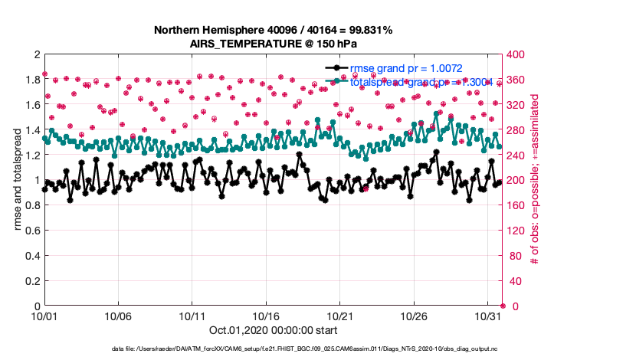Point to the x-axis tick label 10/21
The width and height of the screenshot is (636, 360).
coord(339,316)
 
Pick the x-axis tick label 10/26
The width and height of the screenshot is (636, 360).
coord(414,316)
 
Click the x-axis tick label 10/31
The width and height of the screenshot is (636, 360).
coord(487,316)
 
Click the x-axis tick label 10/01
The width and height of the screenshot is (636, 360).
coord(44,316)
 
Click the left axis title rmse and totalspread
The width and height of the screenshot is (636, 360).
coord(17,180)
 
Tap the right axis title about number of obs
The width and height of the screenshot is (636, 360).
coord(534,180)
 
